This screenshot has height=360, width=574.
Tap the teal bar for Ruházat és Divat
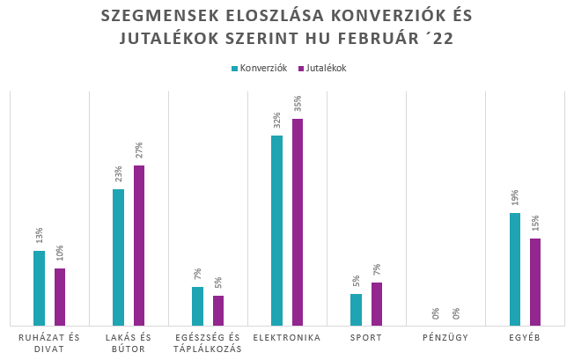(x=39, y=288)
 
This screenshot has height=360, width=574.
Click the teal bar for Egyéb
(x=515, y=268)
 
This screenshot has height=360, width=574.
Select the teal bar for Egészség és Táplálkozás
(x=197, y=305)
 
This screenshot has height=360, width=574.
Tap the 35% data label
(x=298, y=106)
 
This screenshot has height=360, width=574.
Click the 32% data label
(x=276, y=122)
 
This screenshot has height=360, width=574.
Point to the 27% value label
(x=139, y=152)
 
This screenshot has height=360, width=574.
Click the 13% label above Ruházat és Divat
(x=39, y=237)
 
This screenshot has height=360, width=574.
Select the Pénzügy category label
(x=446, y=337)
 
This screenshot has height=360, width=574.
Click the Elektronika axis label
(x=286, y=337)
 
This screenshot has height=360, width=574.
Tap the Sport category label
(x=366, y=337)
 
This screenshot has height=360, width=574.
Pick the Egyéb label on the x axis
(x=525, y=337)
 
